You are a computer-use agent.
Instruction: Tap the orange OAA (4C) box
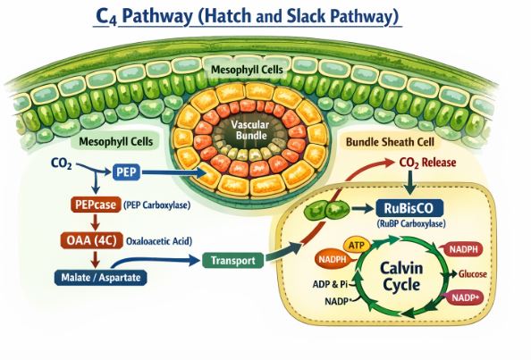93,239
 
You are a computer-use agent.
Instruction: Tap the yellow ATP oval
356,244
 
